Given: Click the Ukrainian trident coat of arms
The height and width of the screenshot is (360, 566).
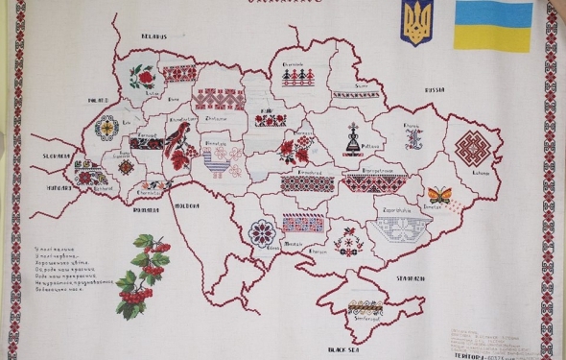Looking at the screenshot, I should (x=418, y=25).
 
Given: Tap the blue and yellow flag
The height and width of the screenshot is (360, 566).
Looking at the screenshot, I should (x=493, y=26).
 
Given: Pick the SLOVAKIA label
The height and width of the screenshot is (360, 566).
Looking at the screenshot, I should (x=58, y=153).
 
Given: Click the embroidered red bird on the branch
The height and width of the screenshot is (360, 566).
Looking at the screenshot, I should (x=177, y=141).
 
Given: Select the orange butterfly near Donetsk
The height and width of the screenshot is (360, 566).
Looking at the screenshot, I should (x=439, y=194).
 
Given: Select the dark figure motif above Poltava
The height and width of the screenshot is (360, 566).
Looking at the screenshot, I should (x=351, y=138).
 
